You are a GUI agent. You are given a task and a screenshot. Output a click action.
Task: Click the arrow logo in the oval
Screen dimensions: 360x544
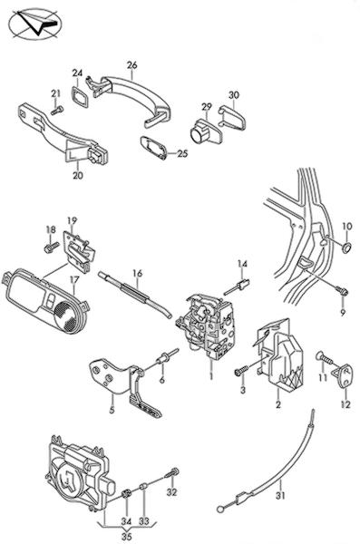[x=37, y=24]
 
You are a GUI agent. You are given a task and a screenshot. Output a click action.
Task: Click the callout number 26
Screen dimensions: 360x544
[x=131, y=65]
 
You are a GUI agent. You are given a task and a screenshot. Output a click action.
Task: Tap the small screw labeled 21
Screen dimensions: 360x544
[x=57, y=111]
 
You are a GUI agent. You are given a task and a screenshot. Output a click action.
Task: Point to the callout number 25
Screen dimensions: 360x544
[x=182, y=153]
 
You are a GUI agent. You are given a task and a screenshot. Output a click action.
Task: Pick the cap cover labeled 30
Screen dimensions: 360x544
[x=232, y=118]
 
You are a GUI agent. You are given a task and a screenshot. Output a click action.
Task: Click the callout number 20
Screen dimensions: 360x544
[x=78, y=176]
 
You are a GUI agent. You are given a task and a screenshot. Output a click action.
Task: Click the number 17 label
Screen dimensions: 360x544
[x=74, y=280]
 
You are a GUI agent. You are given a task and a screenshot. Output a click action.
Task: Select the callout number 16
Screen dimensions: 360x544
[x=138, y=274]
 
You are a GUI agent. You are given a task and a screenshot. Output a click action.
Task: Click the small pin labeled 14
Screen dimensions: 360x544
[x=238, y=287]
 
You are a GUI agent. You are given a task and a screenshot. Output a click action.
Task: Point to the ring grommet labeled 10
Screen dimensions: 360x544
[x=346, y=248]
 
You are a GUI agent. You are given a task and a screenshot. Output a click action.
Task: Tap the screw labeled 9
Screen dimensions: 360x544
[x=341, y=290]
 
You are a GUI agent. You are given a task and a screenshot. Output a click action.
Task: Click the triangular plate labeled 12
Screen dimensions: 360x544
[x=345, y=375]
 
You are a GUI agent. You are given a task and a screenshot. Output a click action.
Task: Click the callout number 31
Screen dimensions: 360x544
[x=280, y=495]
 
